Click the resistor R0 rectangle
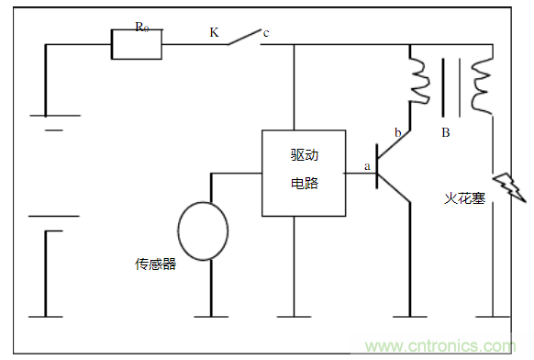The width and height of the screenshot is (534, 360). tap(136, 44)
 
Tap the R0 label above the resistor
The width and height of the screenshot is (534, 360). tap(142, 27)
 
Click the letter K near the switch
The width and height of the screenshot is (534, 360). tap(214, 32)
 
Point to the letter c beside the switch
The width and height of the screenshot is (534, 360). tap(266, 34)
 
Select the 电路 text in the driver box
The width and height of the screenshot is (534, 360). tap(304, 182)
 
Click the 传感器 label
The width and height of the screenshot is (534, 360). tap(155, 264)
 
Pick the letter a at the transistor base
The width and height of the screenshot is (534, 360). tap(367, 166)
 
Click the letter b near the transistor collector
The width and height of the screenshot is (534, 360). tap(397, 134)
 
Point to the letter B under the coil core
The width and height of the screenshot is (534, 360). tap(446, 133)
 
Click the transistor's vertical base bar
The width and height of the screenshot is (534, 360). tap(378, 168)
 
